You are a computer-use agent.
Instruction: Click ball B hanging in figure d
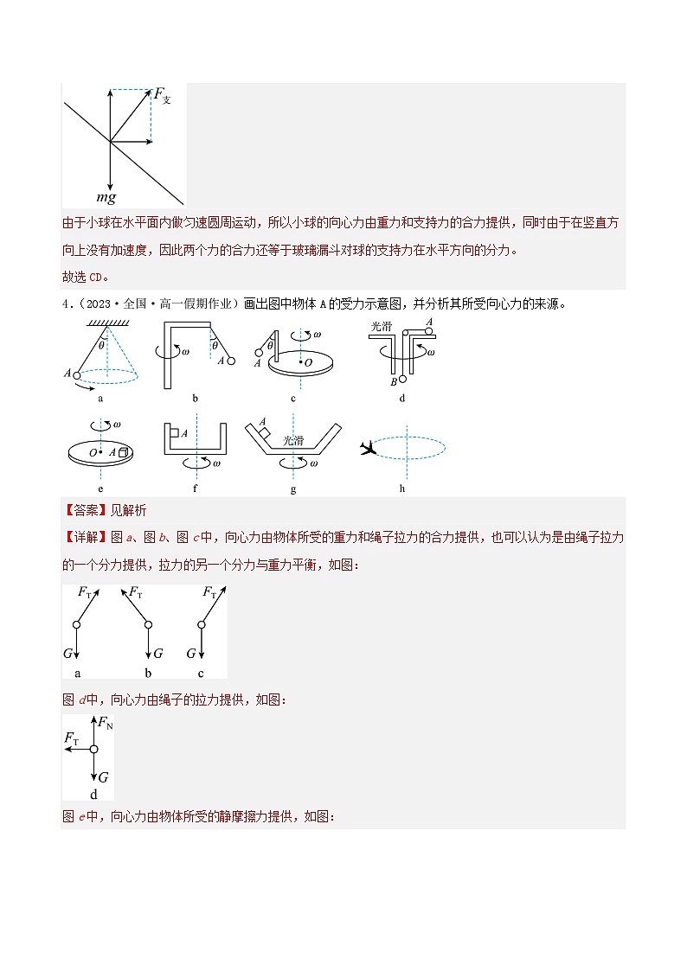(401, 380)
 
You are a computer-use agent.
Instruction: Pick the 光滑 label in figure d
(381, 326)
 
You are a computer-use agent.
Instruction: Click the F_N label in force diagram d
(105, 723)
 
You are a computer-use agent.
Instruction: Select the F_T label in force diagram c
(209, 592)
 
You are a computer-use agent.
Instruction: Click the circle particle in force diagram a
(77, 624)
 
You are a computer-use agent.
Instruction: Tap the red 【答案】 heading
(80, 511)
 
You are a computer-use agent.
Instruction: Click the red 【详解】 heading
(80, 537)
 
